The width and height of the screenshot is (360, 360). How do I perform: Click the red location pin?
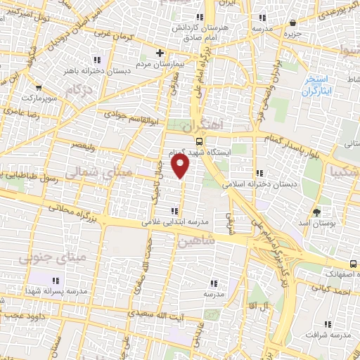[x=181, y=165]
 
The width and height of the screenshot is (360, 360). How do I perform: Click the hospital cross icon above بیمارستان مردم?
[x=160, y=53]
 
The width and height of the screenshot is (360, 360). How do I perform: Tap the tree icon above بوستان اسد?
[x=317, y=212]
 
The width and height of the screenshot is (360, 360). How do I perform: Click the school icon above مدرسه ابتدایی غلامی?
[x=174, y=210]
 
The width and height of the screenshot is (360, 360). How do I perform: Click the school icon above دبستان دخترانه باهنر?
[x=96, y=60]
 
